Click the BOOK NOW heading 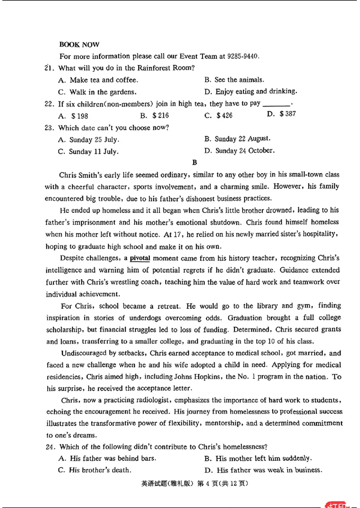(79, 45)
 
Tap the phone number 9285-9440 (243, 57)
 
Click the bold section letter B (194, 163)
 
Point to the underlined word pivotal (139, 258)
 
